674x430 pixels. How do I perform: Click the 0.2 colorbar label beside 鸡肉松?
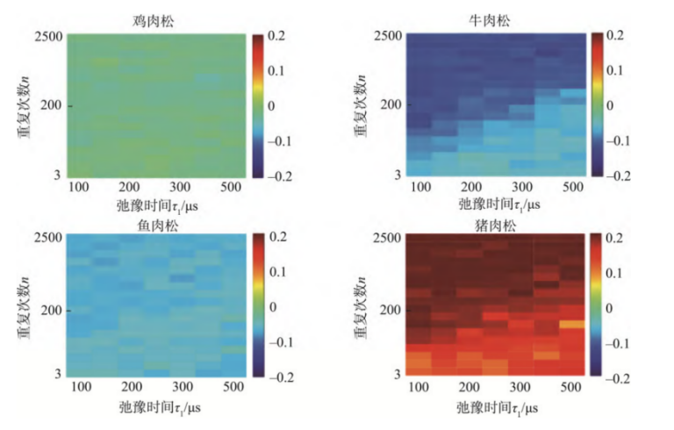click(278, 36)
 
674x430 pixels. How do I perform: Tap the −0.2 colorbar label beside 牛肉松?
click(621, 175)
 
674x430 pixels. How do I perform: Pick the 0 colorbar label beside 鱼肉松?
click(272, 306)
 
